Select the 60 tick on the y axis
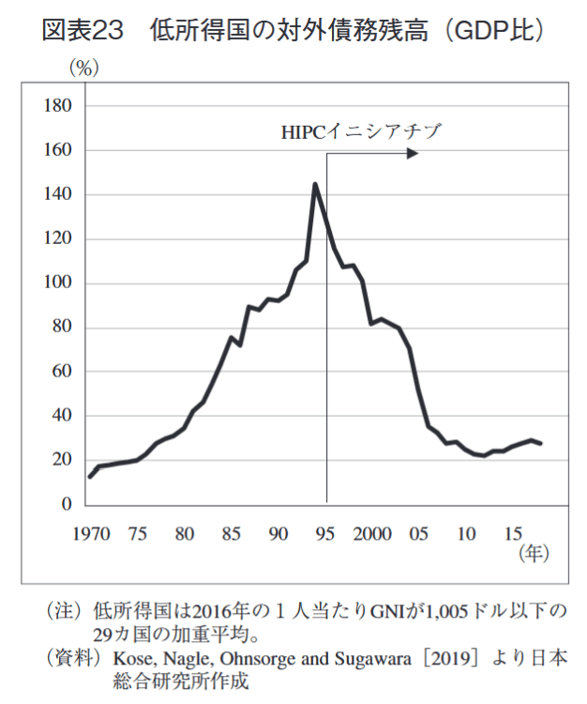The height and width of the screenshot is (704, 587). coord(62,372)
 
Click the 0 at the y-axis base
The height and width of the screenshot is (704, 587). coord(67,505)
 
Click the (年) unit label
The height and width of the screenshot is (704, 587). coord(531,555)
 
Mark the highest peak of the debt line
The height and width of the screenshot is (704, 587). coord(315,184)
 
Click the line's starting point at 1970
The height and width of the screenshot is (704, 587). coord(90,477)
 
